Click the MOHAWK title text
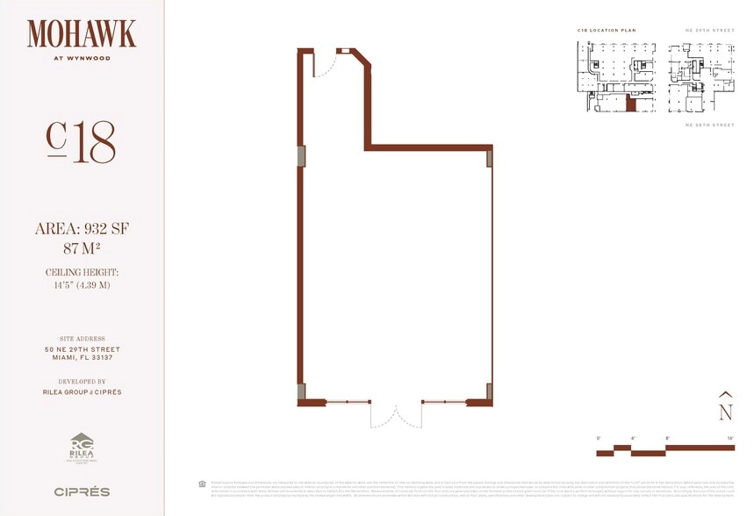(82, 34)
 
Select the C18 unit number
(81, 143)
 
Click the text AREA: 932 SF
(82, 229)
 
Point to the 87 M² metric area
(82, 248)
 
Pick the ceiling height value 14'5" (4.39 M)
(82, 285)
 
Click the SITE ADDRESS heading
(82, 339)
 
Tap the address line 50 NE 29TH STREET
(82, 349)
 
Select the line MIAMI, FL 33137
(82, 358)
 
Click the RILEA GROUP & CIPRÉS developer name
(82, 392)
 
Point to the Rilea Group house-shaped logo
(82, 446)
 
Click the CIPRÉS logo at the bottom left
(82, 491)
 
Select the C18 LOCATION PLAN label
(605, 31)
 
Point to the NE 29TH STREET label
(709, 31)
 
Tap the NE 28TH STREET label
(709, 125)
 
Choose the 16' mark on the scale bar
(729, 437)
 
